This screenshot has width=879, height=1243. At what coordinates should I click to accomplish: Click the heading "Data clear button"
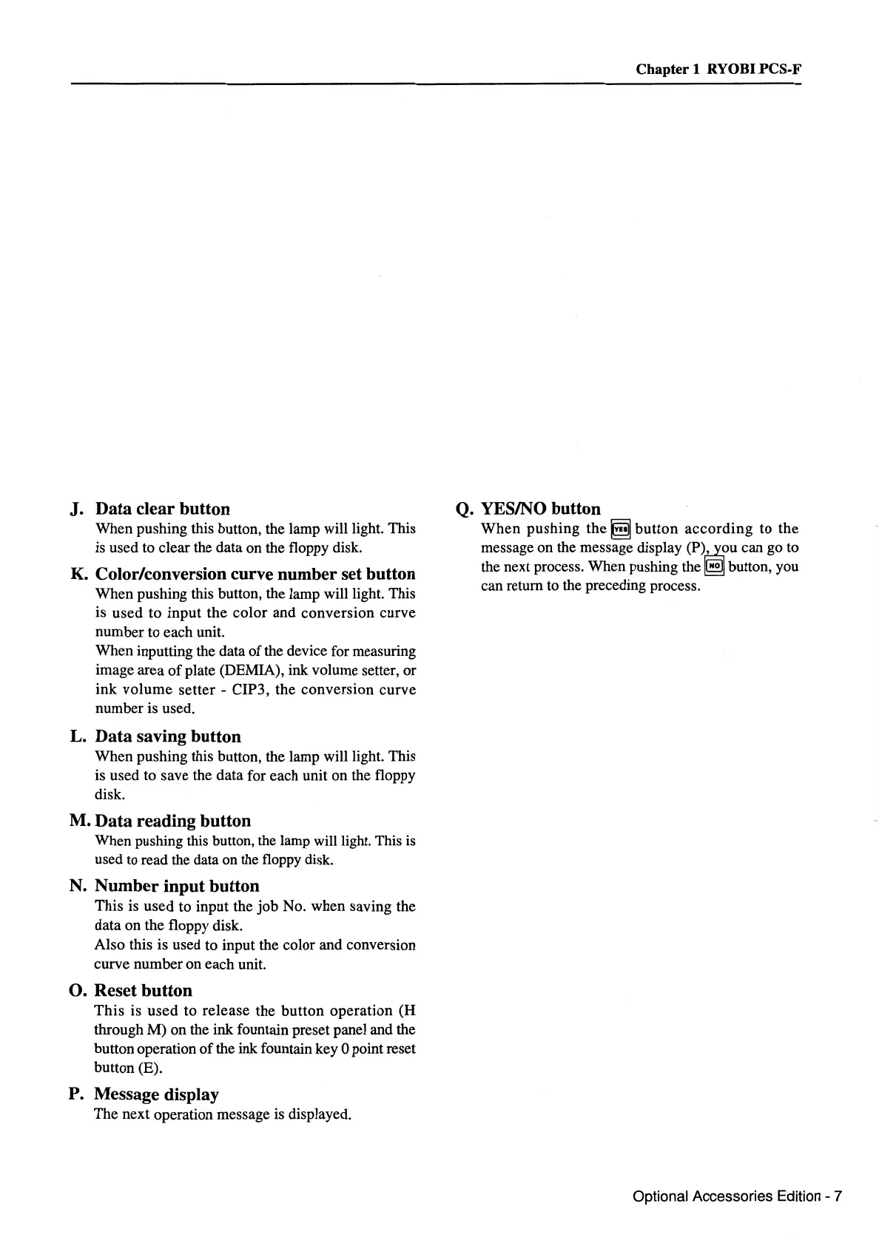163,509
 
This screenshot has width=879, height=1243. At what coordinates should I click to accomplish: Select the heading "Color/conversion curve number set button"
255,574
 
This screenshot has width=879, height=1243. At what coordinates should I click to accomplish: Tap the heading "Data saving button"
168,736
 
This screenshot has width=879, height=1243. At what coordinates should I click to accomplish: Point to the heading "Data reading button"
173,821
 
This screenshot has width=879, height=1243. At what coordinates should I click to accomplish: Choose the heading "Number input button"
177,886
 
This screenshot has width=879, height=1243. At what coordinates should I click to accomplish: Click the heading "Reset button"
143,990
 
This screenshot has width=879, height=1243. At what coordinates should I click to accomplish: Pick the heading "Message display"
156,1094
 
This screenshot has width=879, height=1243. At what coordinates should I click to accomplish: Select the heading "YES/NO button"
541,509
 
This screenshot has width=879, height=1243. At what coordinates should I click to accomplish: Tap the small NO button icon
714,567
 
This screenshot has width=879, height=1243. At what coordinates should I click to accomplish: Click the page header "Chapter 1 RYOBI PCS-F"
718,70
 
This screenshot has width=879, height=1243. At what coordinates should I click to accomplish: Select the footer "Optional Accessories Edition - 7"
737,1196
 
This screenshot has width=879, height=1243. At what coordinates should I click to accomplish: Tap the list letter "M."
80,822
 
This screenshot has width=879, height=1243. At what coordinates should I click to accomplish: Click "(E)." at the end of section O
149,1068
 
